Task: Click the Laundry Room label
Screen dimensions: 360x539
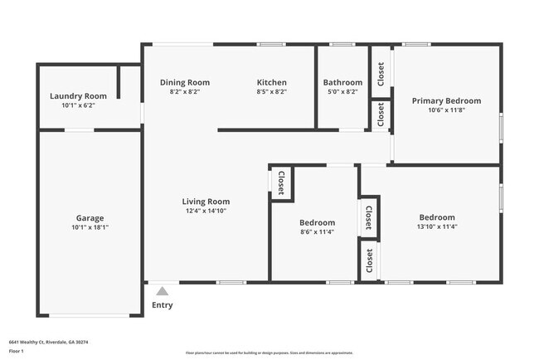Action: [78, 96]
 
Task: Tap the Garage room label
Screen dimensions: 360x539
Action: [90, 218]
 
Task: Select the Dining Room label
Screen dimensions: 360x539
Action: [184, 82]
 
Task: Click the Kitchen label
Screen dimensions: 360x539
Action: [271, 82]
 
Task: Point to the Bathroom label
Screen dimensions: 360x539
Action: [342, 82]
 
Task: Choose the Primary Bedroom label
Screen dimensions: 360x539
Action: [446, 100]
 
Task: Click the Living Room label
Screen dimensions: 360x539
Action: [206, 202]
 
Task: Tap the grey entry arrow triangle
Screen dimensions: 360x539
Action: [163, 291]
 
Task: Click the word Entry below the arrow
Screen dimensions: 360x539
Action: [163, 305]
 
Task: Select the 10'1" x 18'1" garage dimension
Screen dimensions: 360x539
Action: [90, 227]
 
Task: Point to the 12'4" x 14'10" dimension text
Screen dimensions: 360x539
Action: [206, 211]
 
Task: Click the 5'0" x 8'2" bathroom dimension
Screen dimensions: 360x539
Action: [342, 92]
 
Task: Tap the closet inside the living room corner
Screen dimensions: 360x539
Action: [280, 182]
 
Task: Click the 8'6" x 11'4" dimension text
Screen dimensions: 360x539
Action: [317, 232]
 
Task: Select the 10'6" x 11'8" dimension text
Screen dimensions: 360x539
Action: [446, 109]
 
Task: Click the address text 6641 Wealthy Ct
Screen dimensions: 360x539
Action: [48, 342]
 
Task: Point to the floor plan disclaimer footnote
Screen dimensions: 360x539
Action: [269, 352]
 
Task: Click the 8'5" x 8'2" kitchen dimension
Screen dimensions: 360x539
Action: [271, 92]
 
